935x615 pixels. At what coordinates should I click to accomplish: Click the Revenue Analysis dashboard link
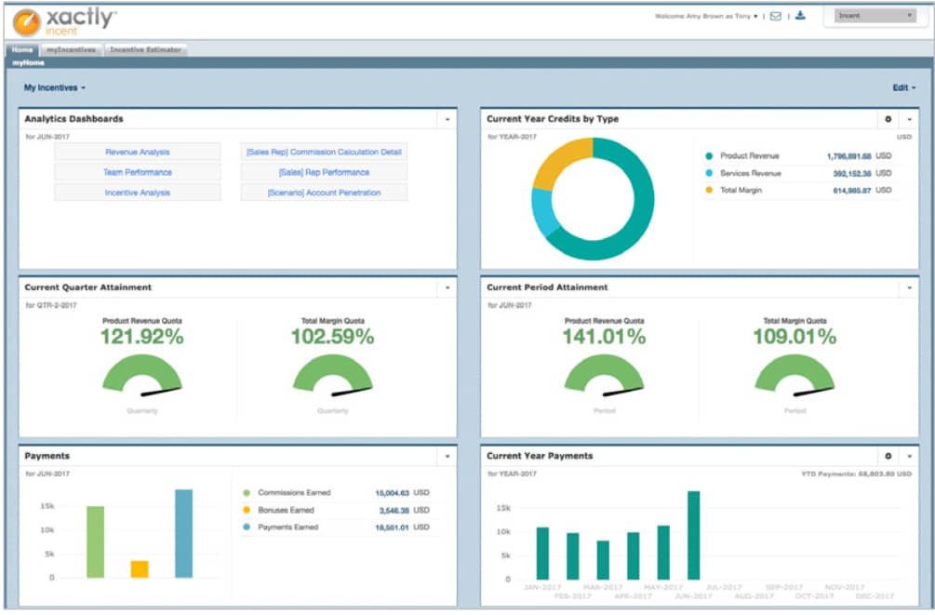[x=137, y=152]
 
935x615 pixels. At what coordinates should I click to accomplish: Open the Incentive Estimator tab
[x=146, y=49]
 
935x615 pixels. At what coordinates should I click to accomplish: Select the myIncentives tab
[x=71, y=49]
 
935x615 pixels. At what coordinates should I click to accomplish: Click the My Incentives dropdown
[x=54, y=87]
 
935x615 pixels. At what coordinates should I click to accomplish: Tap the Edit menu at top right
[x=903, y=87]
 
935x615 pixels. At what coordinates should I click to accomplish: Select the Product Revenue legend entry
[x=749, y=156]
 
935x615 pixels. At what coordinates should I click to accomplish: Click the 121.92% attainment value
[x=141, y=337]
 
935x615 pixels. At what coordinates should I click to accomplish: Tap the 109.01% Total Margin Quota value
[x=795, y=337]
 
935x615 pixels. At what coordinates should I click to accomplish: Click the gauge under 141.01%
[x=603, y=374]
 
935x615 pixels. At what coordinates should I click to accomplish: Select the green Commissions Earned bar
[x=95, y=541]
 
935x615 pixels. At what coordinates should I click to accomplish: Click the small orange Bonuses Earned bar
[x=140, y=568]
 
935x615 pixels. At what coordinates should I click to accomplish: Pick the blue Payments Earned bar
[x=183, y=533]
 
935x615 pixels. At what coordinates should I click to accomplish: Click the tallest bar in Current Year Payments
[x=693, y=535]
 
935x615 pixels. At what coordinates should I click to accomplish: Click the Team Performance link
[x=137, y=172]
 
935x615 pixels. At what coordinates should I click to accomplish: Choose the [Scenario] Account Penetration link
[x=324, y=193]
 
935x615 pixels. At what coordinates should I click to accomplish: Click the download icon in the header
[x=800, y=16]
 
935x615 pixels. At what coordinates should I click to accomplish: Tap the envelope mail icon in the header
[x=775, y=16]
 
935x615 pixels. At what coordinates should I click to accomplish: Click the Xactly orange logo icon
[x=26, y=20]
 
